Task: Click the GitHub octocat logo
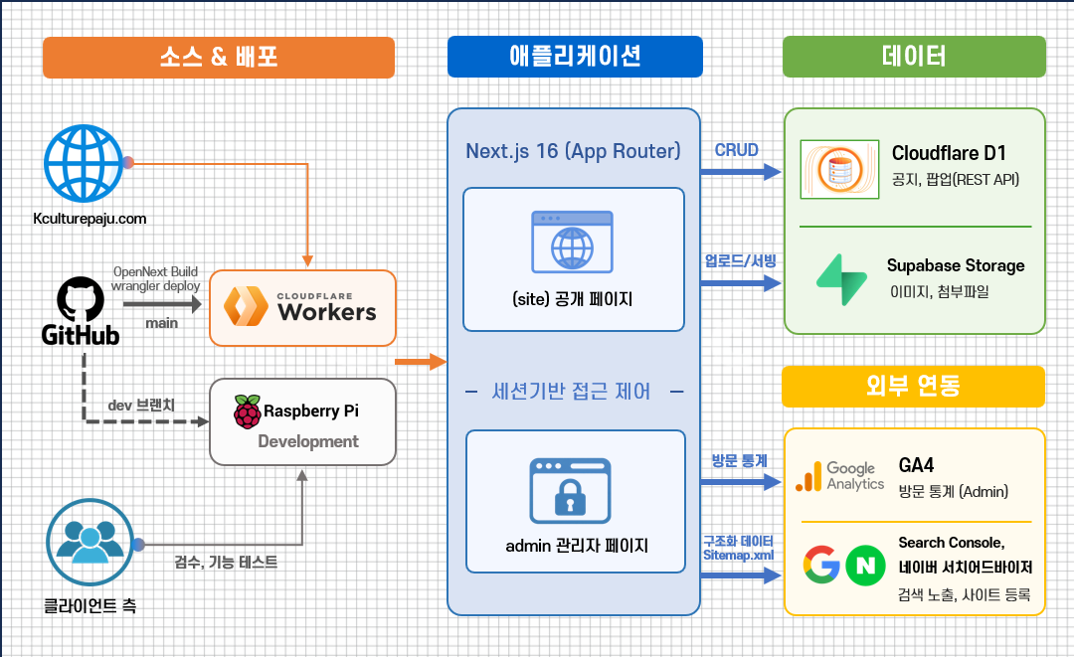[81, 299]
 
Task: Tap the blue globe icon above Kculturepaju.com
[84, 164]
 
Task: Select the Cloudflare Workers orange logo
[246, 306]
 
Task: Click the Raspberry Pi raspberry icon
[248, 411]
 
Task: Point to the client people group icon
[89, 542]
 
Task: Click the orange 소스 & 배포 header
[219, 57]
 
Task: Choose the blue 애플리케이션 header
[575, 56]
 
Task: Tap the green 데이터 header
[914, 56]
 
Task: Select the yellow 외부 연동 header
[913, 387]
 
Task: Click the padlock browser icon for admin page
[570, 491]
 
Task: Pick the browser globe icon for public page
[573, 243]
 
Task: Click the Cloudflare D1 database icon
[839, 170]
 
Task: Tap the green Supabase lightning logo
[842, 280]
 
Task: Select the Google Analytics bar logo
[808, 476]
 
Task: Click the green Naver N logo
[866, 566]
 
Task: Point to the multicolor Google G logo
[822, 565]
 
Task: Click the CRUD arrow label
[736, 150]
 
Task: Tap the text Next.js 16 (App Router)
[574, 151]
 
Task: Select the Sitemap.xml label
[738, 555]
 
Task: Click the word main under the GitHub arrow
[162, 323]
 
